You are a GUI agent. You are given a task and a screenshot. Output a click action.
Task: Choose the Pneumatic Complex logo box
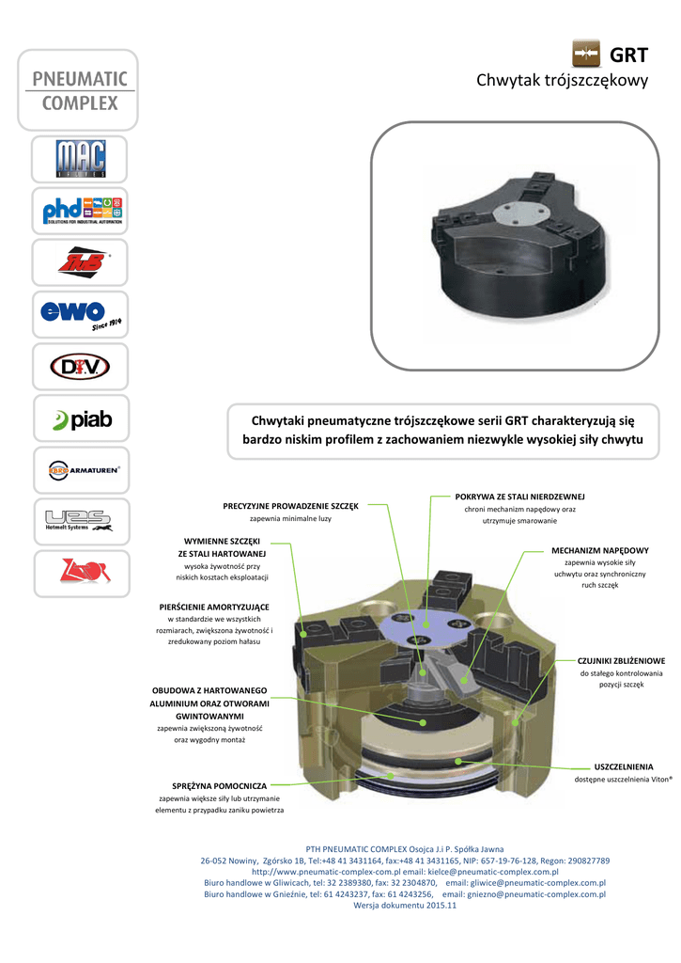coord(79,89)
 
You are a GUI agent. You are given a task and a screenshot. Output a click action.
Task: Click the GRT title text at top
coord(629,55)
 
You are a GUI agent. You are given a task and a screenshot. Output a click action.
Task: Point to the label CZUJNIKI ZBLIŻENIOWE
coord(621,661)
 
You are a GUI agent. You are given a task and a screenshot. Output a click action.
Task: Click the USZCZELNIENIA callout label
coord(624,767)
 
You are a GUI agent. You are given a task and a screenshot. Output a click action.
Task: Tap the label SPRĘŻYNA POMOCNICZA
coord(220,784)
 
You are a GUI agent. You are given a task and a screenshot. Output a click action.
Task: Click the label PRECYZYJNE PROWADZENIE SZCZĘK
coord(290,506)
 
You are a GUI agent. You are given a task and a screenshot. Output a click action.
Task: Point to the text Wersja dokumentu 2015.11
coord(405,906)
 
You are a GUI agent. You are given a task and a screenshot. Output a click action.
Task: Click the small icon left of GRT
coord(586,55)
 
